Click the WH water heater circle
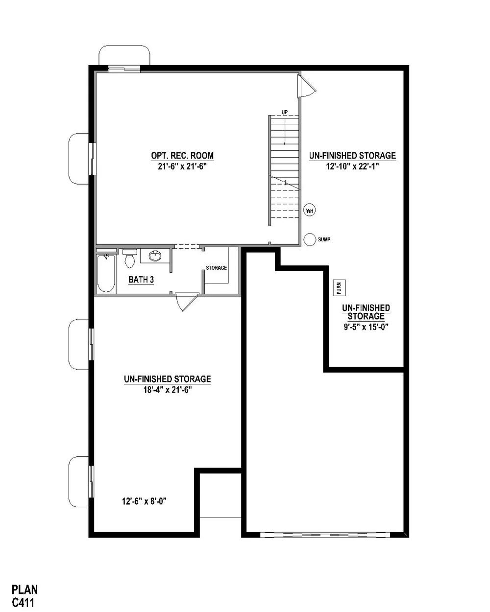[x=310, y=211]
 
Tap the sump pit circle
[x=310, y=239]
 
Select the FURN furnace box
[x=340, y=288]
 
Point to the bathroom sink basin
[x=155, y=256]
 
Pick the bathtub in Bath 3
[x=106, y=273]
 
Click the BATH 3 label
[x=141, y=280]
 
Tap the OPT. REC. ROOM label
[x=182, y=156]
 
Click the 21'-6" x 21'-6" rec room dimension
[x=182, y=166]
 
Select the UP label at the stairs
[x=284, y=112]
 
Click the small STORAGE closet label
[x=217, y=268]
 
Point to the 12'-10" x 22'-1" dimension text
[x=352, y=166]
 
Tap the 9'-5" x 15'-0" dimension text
[x=366, y=327]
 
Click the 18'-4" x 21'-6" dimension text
[x=168, y=390]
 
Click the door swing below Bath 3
[x=187, y=302]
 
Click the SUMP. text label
[x=324, y=240]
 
